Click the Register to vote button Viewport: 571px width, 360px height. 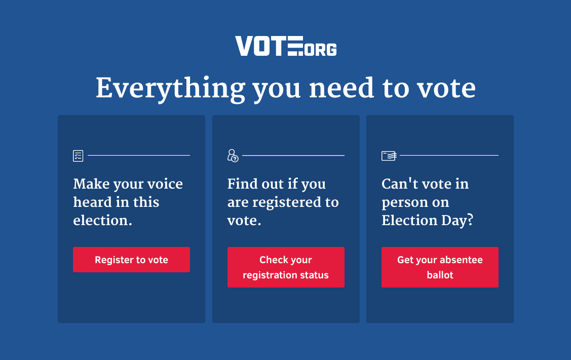point(131,260)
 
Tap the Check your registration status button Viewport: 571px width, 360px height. point(286,267)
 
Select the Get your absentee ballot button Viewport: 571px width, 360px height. point(440,267)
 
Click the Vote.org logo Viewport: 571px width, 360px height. point(286,46)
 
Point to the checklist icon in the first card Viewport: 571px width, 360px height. point(78,156)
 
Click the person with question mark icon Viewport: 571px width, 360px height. point(233,156)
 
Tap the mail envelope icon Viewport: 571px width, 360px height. point(389,156)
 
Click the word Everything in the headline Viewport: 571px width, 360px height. point(170,89)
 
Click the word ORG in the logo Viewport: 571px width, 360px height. point(320,50)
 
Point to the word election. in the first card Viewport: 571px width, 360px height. point(103,220)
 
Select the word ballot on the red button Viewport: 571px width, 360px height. point(440,275)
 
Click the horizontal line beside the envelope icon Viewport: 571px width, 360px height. point(449,155)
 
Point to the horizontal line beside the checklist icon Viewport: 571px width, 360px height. point(139,155)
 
